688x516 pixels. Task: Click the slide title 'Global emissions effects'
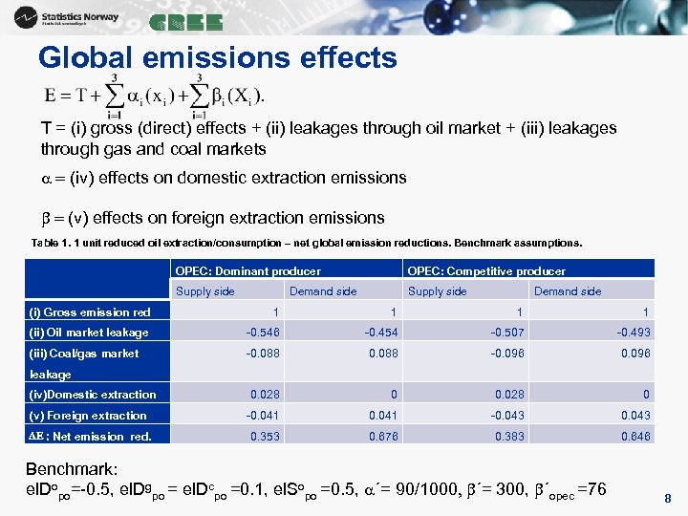click(x=217, y=58)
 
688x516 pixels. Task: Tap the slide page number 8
click(x=667, y=498)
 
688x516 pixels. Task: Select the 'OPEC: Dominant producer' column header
click(x=247, y=271)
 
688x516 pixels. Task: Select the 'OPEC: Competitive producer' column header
click(x=486, y=271)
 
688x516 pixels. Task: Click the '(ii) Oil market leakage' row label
click(x=89, y=333)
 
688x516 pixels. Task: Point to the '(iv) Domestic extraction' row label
click(x=92, y=395)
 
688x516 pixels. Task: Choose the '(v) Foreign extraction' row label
click(x=88, y=416)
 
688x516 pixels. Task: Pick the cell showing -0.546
click(x=263, y=333)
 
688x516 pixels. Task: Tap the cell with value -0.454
click(x=379, y=333)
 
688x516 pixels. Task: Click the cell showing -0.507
click(x=507, y=333)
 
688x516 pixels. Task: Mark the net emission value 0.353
click(x=266, y=437)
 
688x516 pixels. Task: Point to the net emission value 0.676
click(x=382, y=437)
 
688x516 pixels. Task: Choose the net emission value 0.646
click(x=634, y=437)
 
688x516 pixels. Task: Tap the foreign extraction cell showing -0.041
click(x=263, y=416)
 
